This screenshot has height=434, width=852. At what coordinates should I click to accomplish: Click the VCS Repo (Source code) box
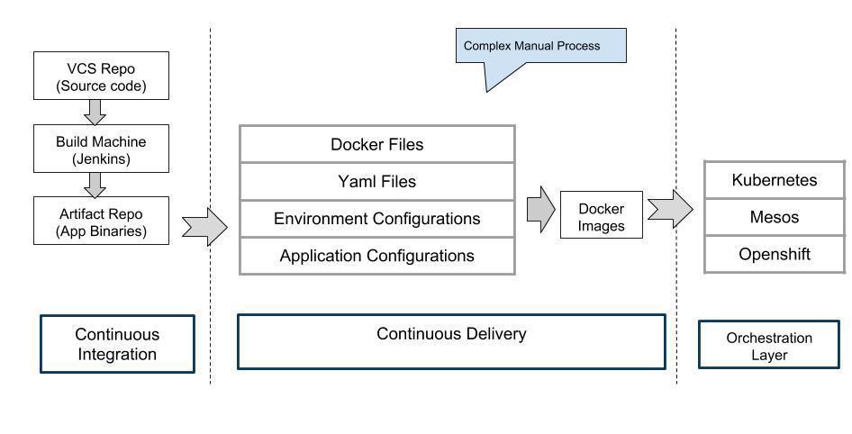coord(101,77)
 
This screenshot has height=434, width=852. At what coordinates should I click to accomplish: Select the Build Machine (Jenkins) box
coord(101,149)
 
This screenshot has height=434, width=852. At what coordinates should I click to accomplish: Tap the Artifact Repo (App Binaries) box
coord(101,222)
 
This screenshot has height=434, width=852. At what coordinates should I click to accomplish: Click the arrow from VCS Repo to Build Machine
coord(95,112)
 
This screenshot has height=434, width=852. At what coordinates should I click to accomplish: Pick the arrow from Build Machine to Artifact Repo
coord(95,185)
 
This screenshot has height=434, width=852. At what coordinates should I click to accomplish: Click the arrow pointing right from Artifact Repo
coord(204,227)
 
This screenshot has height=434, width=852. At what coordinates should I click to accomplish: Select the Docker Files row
coord(376,144)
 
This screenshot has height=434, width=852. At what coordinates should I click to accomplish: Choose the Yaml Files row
coord(376,181)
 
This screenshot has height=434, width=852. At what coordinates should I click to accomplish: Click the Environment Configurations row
coord(376,219)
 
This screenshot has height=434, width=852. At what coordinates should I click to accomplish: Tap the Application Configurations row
coord(376,256)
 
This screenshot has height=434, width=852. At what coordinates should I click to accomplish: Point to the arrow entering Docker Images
coord(540,210)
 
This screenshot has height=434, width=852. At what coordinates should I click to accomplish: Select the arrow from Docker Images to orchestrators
coord(669,209)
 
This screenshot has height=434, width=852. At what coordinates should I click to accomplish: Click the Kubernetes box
coord(775,180)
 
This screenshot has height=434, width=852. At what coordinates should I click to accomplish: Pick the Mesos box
coord(775,217)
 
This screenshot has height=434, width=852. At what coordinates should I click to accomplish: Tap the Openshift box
coord(775,254)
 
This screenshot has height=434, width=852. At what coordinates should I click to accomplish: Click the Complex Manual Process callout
coord(540,46)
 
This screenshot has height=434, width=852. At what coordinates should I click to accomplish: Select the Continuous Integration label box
coord(117,344)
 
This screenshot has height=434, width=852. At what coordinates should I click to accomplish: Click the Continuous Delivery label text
coord(450,334)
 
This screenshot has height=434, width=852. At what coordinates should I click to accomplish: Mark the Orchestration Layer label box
coord(769,346)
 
